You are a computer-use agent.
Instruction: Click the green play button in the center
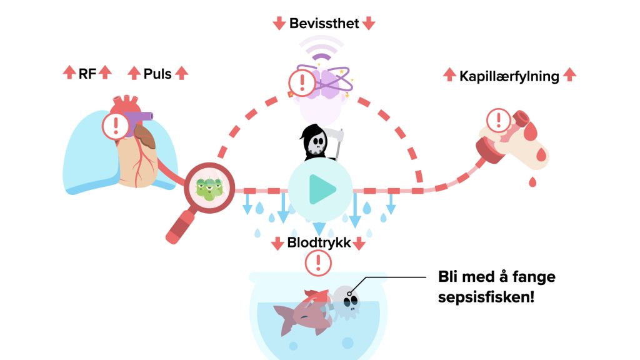click(320, 189)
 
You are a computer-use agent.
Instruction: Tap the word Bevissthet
click(324, 24)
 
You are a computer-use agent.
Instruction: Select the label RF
click(87, 73)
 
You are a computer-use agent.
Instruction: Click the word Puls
click(157, 73)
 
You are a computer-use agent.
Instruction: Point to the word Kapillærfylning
click(509, 76)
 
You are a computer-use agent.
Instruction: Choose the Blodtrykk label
click(319, 243)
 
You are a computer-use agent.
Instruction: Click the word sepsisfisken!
click(486, 296)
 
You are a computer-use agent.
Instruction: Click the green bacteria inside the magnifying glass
click(209, 187)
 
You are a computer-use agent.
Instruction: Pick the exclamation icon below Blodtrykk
click(319, 262)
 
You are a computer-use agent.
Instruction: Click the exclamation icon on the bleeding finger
click(498, 119)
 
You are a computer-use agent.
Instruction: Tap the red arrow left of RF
click(68, 73)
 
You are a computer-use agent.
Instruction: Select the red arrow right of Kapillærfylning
click(569, 76)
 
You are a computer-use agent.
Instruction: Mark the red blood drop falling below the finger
click(532, 182)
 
